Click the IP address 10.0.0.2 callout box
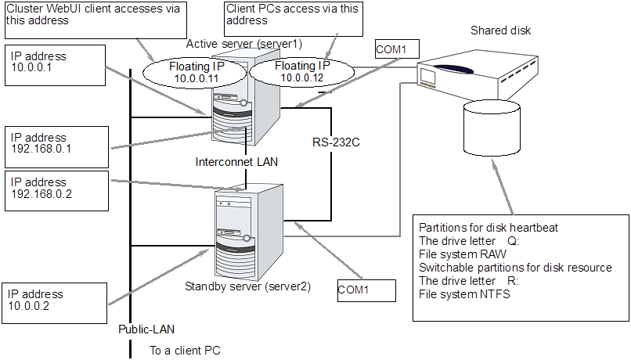tap(52, 301)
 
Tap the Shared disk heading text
tap(500, 31)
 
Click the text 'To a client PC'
tap(185, 350)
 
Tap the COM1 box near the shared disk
tap(391, 49)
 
